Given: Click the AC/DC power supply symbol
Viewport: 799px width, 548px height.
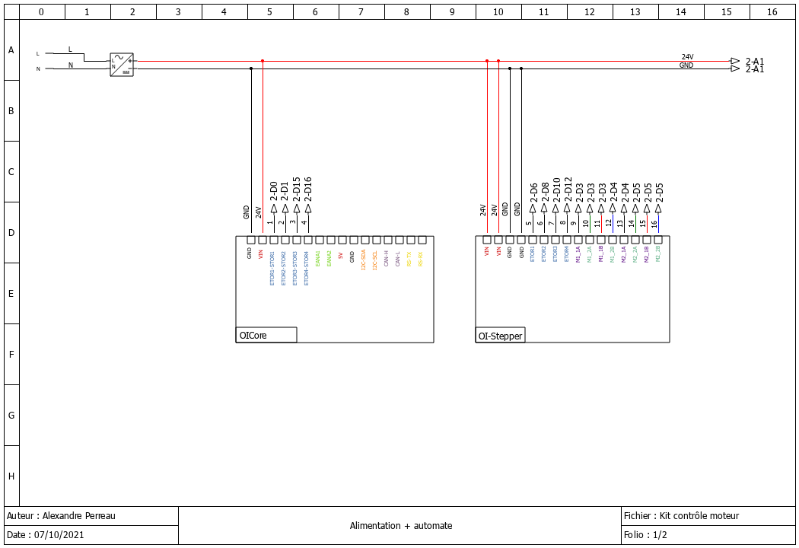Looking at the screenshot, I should tap(122, 64).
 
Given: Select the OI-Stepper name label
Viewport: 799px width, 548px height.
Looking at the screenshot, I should tap(500, 335).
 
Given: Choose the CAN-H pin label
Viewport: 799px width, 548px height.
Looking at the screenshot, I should tap(387, 258).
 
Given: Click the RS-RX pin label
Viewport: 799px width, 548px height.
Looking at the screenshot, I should tap(421, 258).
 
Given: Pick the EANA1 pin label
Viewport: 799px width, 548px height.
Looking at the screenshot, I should tap(318, 258).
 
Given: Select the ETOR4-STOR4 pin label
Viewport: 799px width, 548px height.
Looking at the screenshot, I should tap(307, 268).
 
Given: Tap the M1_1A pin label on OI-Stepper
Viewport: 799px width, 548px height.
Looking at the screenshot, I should tap(578, 254).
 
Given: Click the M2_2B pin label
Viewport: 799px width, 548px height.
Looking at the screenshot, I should tap(658, 254).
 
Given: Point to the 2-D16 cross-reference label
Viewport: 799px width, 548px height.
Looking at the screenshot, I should tap(308, 190).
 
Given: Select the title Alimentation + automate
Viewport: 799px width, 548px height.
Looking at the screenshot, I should tap(401, 526).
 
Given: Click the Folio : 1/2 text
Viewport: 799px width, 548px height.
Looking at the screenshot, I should tap(645, 535).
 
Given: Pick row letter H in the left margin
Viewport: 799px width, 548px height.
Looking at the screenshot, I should tap(11, 476).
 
